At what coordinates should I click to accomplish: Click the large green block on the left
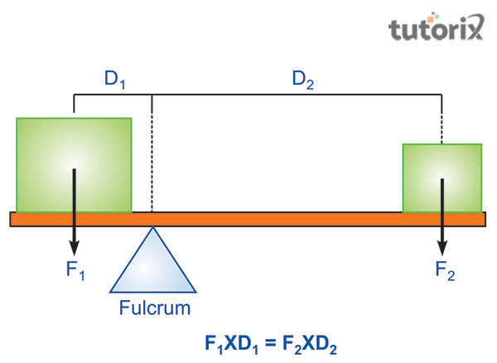tap(74, 164)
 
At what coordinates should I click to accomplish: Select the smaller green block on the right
tap(442, 177)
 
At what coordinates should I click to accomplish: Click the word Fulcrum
tap(154, 308)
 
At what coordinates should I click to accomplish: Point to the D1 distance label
tap(113, 80)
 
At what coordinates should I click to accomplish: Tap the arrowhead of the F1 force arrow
tap(75, 249)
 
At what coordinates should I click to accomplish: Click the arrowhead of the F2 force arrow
tap(443, 249)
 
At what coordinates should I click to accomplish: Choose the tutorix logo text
tap(436, 31)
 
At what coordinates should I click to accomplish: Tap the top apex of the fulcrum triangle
tap(153, 229)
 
